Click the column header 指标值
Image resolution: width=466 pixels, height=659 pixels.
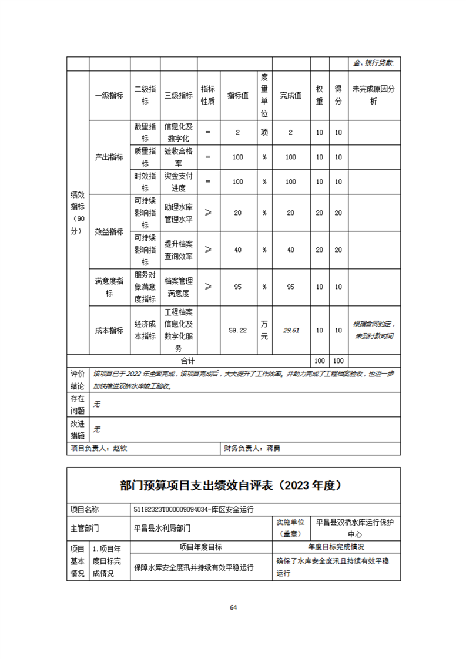point(237,96)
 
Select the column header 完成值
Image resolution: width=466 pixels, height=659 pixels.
point(290,96)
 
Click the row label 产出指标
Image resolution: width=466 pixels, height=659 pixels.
point(109,157)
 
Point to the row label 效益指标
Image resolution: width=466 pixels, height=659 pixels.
point(109,231)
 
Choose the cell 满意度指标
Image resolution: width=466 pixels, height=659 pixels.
point(109,287)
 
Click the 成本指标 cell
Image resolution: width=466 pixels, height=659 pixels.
point(109,330)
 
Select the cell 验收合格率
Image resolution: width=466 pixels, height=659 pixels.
point(178,157)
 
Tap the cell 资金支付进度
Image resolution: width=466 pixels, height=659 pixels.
point(178,182)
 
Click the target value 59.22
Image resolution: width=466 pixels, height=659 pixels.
point(237,331)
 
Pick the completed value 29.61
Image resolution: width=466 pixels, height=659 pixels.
point(291,330)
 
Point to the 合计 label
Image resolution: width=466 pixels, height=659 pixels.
point(188,361)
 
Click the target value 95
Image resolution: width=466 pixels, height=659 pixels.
point(237,287)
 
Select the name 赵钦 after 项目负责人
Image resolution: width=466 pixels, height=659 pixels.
point(120,448)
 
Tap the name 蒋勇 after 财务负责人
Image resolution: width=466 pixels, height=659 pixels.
point(274,448)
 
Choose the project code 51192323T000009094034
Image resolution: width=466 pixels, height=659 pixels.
point(173,509)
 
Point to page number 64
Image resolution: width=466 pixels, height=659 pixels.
point(233,607)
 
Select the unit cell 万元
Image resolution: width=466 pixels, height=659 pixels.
point(264,331)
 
